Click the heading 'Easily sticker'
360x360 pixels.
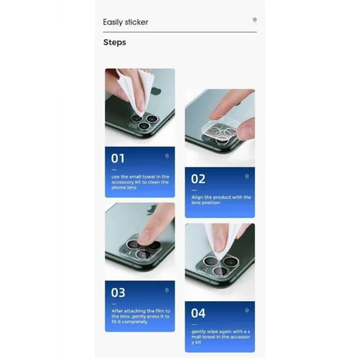pos(125,22)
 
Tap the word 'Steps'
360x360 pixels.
pos(115,42)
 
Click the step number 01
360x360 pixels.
pos(118,158)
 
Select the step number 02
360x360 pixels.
pos(198,179)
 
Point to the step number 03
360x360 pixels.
pos(118,293)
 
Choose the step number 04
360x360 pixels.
pos(198,313)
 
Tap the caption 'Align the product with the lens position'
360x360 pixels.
pos(221,200)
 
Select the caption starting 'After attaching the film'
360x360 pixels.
pos(140,316)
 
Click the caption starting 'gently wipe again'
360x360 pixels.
pos(221,337)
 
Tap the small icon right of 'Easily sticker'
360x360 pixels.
pos(254,20)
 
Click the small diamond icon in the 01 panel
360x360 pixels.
pos(167,155)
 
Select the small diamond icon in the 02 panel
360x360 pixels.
pos(246,176)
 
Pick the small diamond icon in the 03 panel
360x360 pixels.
pos(167,290)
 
